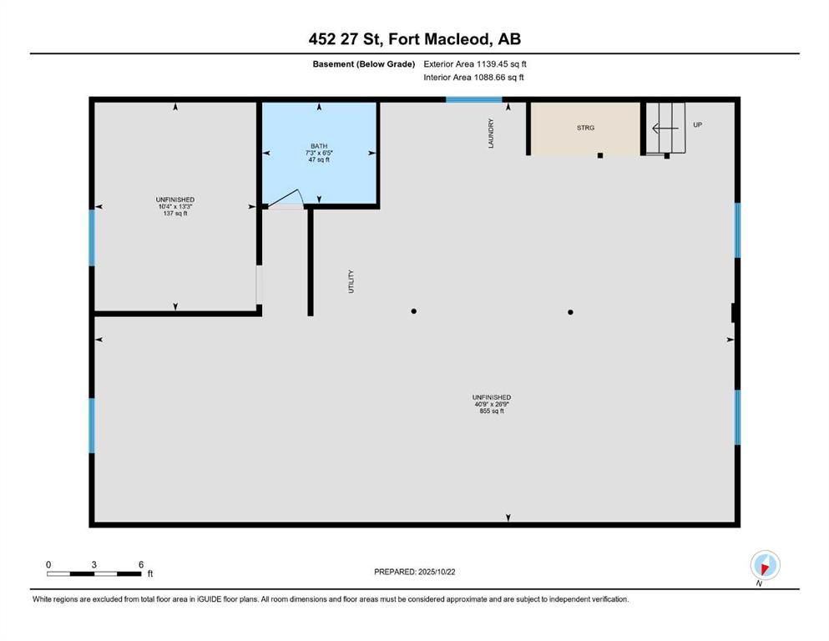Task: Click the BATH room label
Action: click(319, 146)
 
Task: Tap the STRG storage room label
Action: click(585, 128)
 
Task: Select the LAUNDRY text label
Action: click(491, 134)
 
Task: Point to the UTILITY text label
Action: click(351, 281)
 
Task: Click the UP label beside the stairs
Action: click(697, 124)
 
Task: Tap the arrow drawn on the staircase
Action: click(665, 129)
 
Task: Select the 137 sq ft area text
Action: click(175, 214)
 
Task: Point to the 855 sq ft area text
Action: click(492, 411)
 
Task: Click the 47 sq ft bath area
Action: click(319, 159)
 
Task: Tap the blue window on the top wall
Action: click(473, 99)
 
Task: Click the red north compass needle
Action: click(764, 568)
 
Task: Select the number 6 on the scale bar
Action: click(141, 564)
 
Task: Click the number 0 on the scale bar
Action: click(48, 564)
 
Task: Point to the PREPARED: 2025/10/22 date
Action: click(414, 572)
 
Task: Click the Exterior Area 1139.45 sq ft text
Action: click(475, 64)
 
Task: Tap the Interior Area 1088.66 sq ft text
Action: click(473, 77)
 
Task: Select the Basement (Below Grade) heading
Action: click(364, 64)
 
